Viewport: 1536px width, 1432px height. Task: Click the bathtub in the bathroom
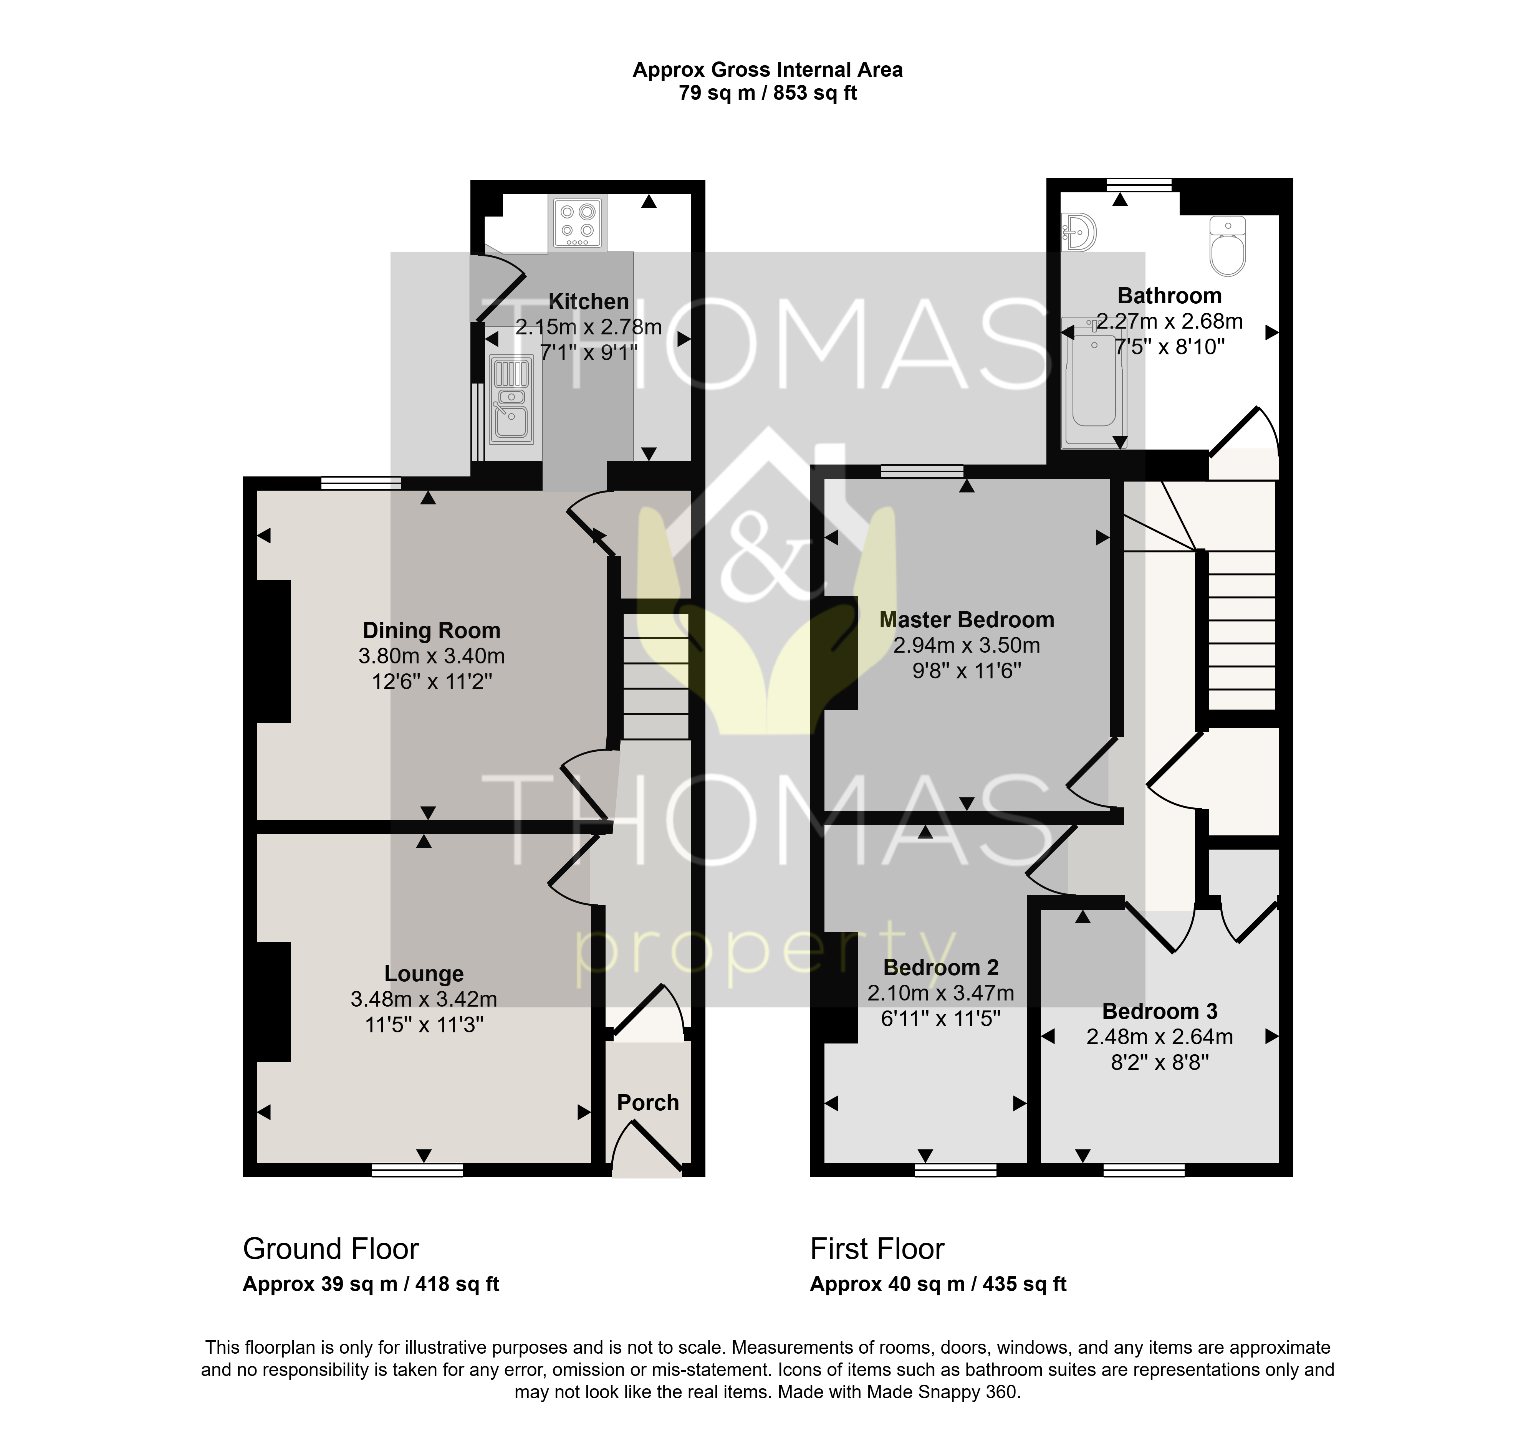[x=1094, y=382]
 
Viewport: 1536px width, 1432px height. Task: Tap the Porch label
[x=647, y=1102]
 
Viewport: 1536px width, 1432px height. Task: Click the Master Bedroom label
[x=967, y=620]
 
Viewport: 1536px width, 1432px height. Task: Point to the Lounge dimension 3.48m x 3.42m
[x=424, y=999]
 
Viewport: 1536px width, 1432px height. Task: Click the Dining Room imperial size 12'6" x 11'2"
[x=431, y=681]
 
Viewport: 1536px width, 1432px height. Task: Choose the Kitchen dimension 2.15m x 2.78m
[x=589, y=327]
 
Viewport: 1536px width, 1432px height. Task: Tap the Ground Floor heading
[x=331, y=1249]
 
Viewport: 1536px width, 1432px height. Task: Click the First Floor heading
[x=877, y=1249]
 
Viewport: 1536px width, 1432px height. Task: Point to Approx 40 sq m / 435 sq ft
[x=938, y=1284]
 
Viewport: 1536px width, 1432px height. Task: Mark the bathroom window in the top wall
[x=1139, y=185]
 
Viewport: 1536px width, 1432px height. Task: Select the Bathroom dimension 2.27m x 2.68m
[x=1170, y=321]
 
